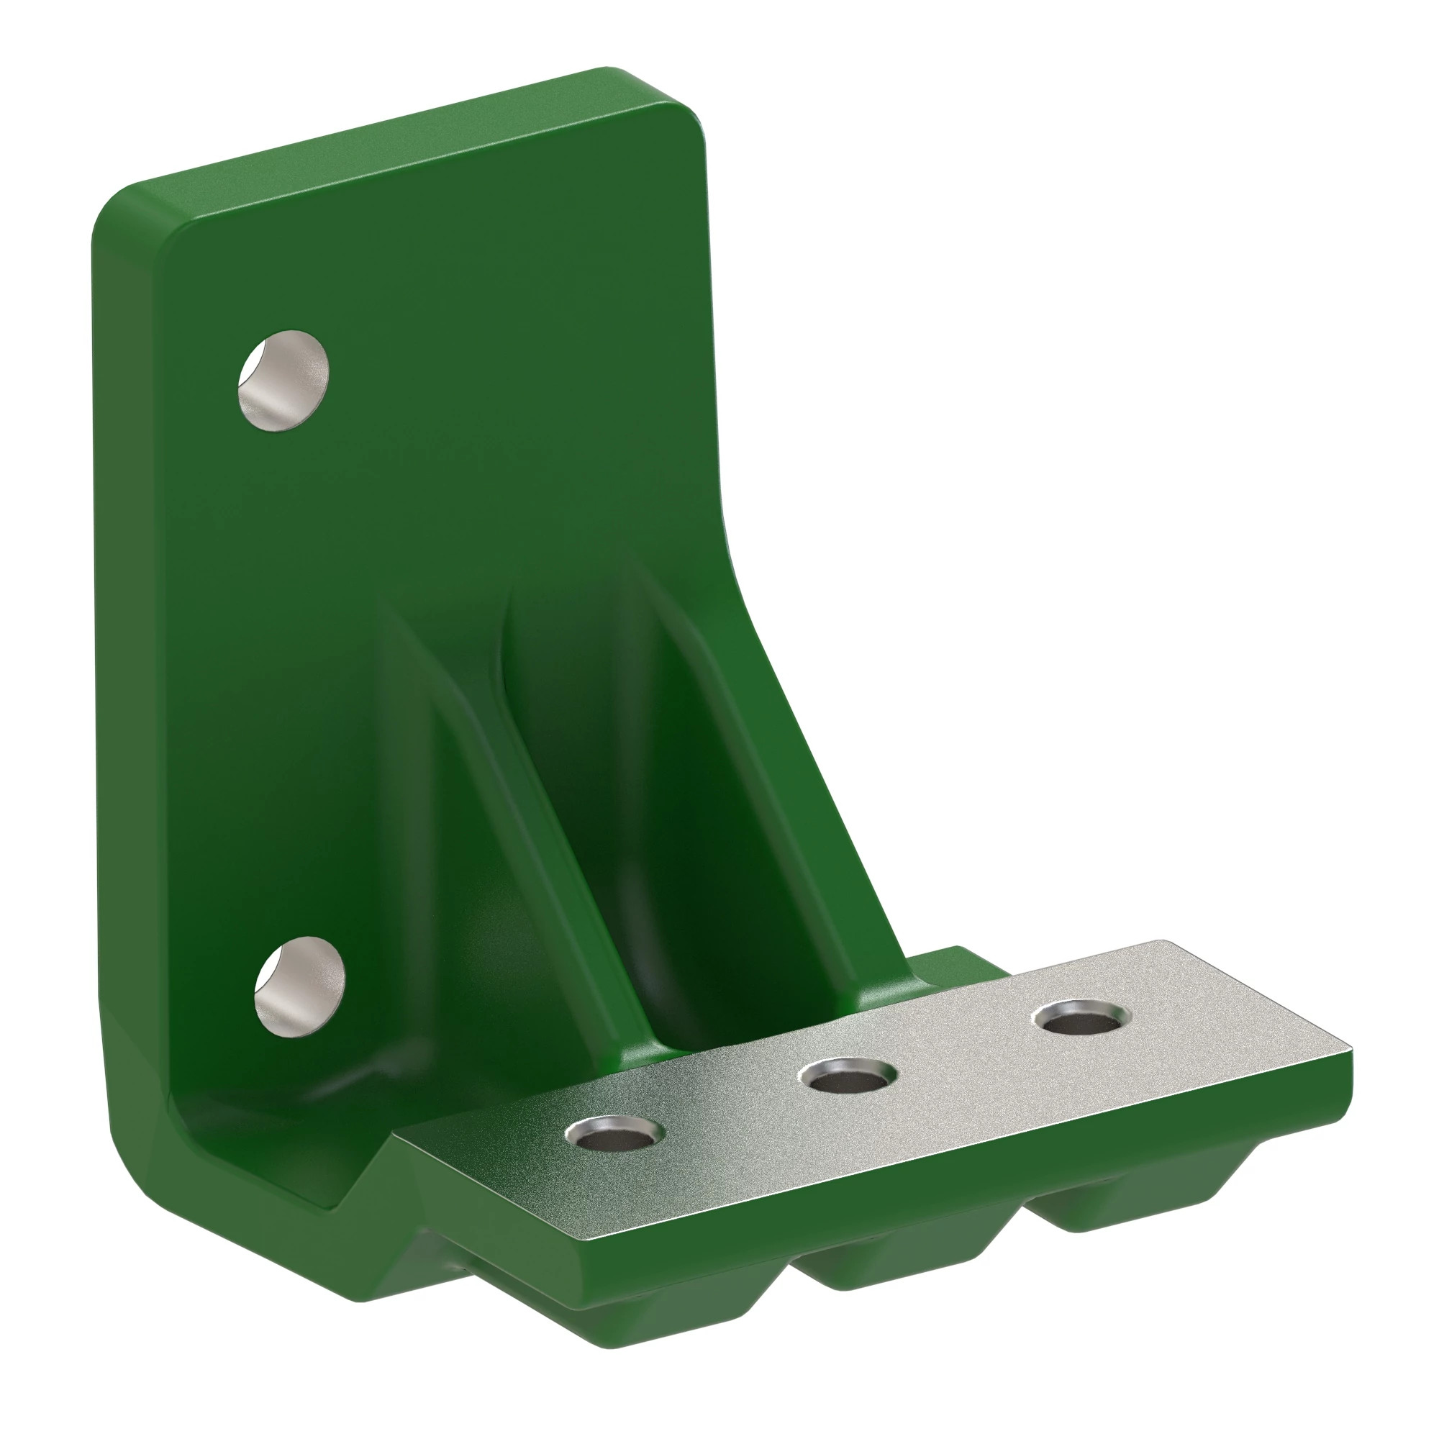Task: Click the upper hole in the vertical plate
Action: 283,381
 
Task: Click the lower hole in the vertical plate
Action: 299,986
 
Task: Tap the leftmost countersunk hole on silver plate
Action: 615,1134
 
